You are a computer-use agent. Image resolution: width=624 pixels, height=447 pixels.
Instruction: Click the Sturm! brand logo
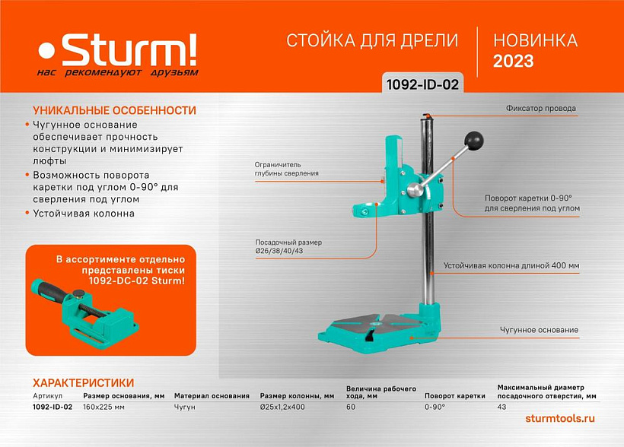[x=117, y=55]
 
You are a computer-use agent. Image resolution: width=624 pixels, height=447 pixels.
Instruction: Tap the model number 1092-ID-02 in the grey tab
[x=422, y=84]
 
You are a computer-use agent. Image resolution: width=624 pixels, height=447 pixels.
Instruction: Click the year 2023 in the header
[x=514, y=62]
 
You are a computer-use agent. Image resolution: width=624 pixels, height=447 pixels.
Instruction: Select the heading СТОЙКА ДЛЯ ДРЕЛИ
[x=372, y=40]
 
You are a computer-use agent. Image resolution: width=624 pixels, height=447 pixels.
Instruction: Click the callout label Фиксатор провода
[x=541, y=108]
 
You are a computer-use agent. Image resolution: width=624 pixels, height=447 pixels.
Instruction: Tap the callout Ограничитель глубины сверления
[x=287, y=169]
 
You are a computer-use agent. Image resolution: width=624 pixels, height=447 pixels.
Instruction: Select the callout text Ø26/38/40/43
[x=279, y=251]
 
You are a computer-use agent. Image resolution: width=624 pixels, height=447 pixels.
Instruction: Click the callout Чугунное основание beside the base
[x=539, y=330]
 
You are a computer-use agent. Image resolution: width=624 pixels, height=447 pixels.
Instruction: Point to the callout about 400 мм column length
[x=511, y=265]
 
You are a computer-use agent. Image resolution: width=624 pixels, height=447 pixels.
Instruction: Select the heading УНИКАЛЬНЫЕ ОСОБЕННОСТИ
[x=115, y=110]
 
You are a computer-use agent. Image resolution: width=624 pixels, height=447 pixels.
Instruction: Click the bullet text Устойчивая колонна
[x=84, y=214]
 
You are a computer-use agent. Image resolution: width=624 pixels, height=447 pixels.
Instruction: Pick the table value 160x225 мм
[x=103, y=407]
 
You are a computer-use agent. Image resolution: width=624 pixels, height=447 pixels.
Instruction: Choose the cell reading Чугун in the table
[x=185, y=407]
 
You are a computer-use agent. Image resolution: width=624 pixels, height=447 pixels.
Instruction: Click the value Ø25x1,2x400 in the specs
[x=282, y=407]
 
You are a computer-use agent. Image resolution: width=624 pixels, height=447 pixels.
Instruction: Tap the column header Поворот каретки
[x=455, y=396]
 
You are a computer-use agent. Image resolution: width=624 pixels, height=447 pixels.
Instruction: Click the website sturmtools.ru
[x=560, y=418]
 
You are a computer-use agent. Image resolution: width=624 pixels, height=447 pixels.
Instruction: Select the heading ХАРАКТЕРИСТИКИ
[x=83, y=383]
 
